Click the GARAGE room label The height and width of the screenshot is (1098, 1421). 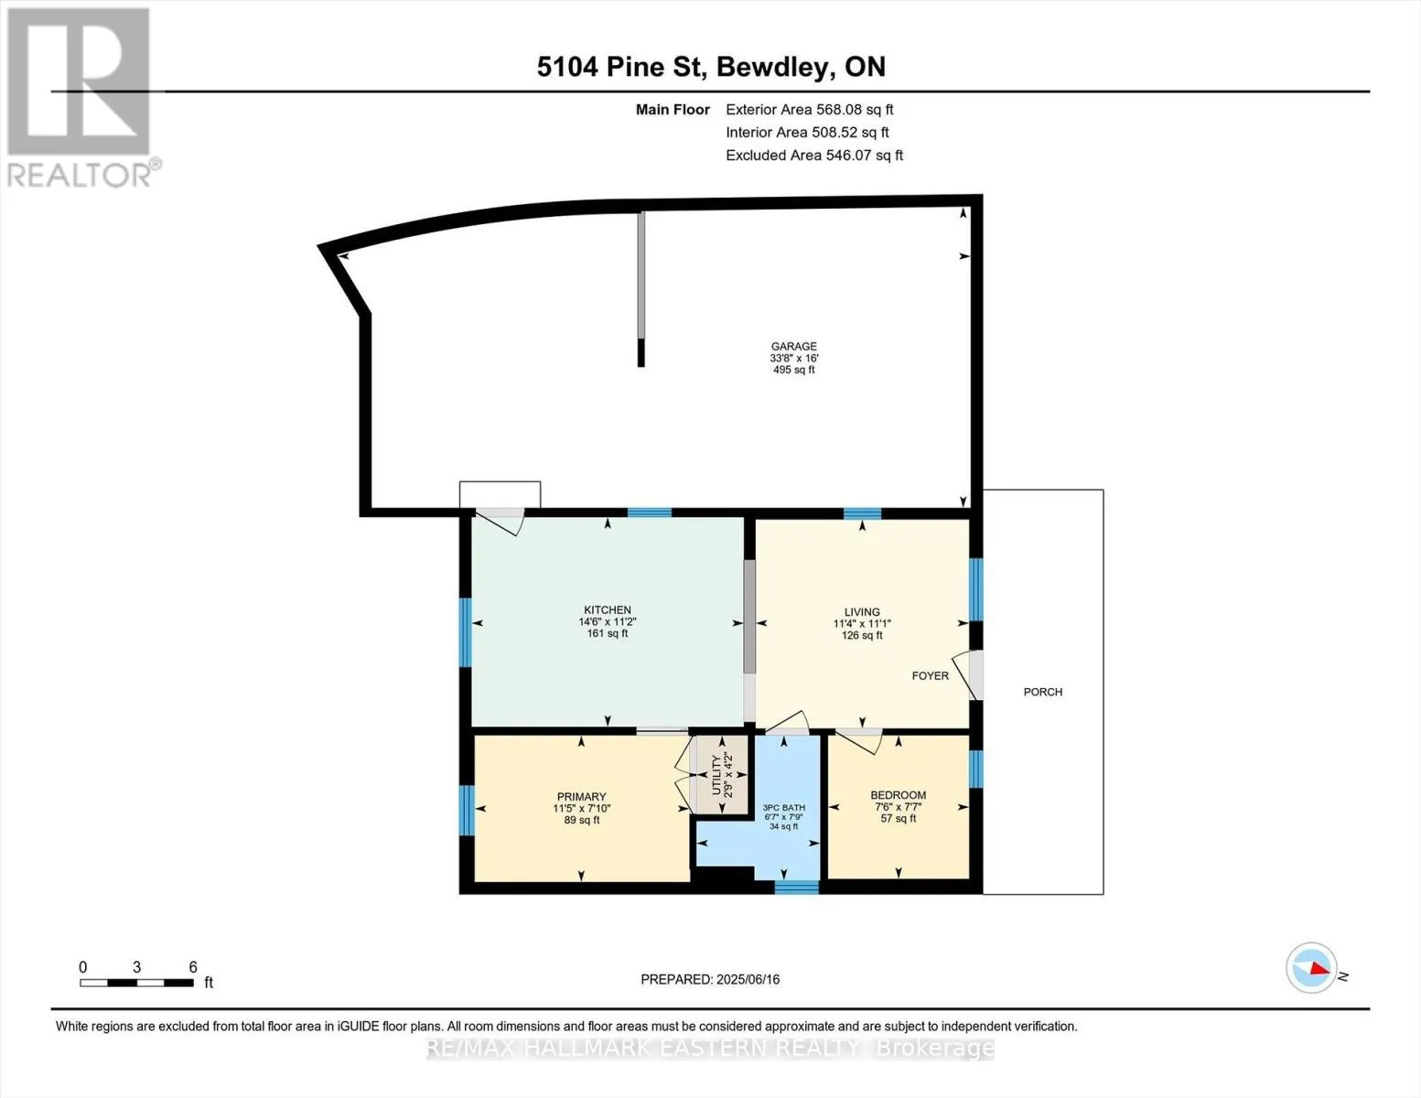793,347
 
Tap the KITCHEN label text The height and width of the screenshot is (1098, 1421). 608,610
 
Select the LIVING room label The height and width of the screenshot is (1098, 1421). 862,613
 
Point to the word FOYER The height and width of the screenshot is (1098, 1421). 930,676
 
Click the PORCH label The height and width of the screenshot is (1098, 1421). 1043,692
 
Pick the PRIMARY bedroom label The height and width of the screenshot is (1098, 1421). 581,797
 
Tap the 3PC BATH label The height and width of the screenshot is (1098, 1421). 784,808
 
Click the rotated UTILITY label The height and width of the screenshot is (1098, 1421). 716,775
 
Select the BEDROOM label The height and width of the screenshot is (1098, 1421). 898,795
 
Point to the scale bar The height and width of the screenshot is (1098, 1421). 136,983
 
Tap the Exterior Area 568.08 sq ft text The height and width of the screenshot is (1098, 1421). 810,110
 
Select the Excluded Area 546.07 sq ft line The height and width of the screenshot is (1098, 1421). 814,156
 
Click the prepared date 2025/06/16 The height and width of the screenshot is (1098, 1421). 748,980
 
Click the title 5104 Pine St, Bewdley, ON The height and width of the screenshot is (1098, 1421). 712,67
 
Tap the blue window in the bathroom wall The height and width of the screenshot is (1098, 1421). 796,888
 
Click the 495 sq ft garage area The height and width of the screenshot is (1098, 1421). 793,371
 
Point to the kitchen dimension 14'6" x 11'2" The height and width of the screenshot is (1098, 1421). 608,622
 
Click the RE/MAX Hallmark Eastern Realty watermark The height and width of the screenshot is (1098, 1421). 710,1049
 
